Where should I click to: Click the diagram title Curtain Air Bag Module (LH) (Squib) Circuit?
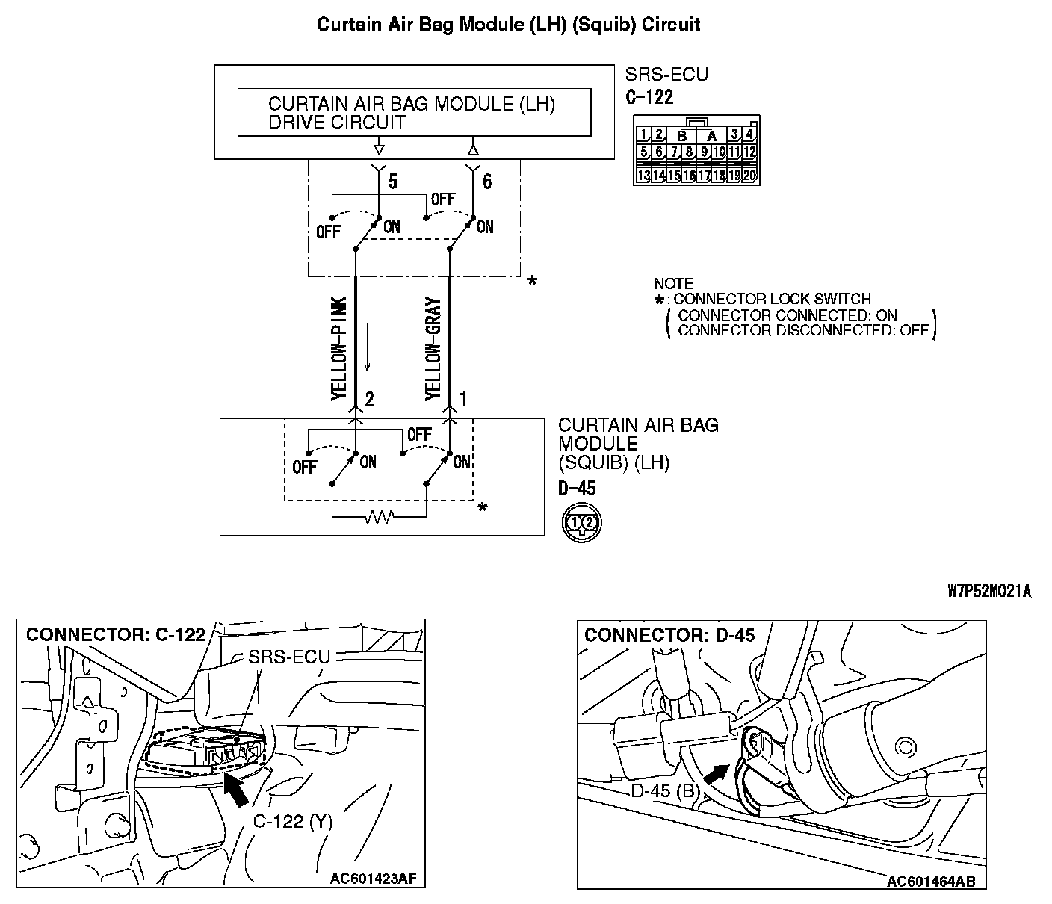pyautogui.click(x=508, y=24)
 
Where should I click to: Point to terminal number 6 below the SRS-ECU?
pyautogui.click(x=486, y=181)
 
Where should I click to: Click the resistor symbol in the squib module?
pyautogui.click(x=379, y=516)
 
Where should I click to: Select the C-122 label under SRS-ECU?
pyautogui.click(x=649, y=96)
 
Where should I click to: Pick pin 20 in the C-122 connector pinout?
pyautogui.click(x=749, y=176)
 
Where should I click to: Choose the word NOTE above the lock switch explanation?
pyautogui.click(x=673, y=284)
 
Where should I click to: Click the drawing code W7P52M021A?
pyautogui.click(x=988, y=591)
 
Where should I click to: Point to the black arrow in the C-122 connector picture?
pyautogui.click(x=237, y=790)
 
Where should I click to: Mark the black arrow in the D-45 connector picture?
pyautogui.click(x=715, y=774)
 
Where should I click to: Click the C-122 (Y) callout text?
pyautogui.click(x=293, y=821)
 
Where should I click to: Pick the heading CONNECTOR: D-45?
pyautogui.click(x=669, y=635)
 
